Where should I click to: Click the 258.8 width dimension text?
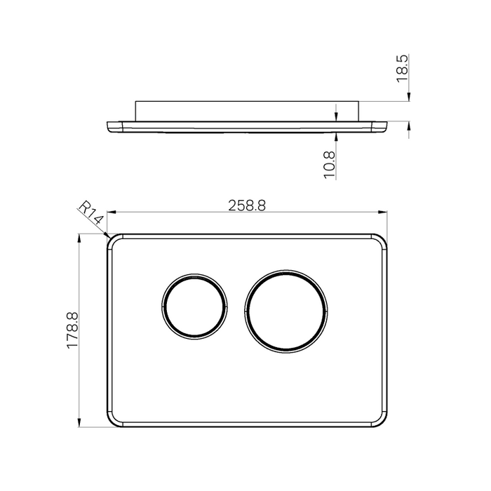click(246, 205)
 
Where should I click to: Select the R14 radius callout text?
click(90, 214)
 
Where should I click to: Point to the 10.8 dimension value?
click(330, 166)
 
